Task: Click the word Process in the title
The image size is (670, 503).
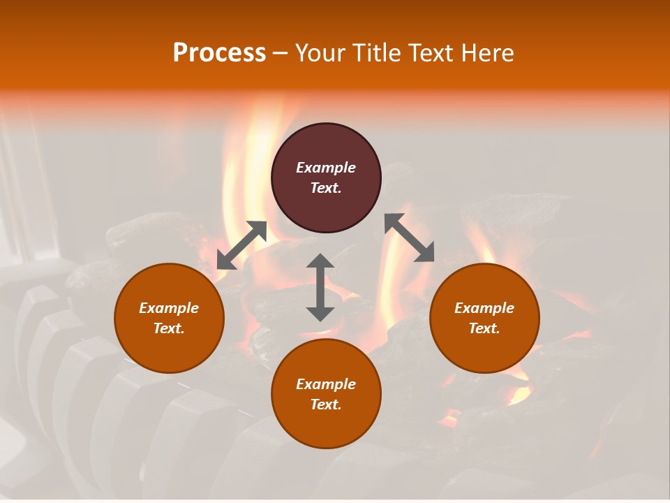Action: click(219, 53)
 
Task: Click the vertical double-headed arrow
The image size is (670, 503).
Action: click(320, 287)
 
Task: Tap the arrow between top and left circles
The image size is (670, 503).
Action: click(241, 245)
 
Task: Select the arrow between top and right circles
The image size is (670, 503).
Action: click(410, 238)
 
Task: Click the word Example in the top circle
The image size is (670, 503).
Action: click(326, 168)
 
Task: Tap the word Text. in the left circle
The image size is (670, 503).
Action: click(169, 328)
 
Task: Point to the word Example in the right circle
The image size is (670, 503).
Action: click(484, 308)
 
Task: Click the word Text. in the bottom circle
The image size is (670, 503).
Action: click(326, 404)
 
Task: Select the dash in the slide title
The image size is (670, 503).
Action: click(280, 53)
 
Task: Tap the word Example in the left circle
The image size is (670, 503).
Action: click(169, 308)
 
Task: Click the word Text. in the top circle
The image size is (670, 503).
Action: click(326, 188)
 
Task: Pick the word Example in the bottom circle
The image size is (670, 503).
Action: click(326, 384)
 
